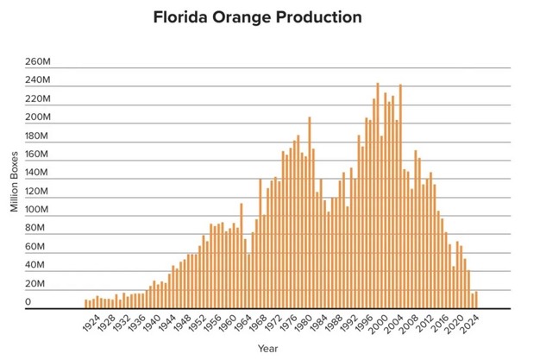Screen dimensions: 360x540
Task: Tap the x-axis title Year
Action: [267, 349]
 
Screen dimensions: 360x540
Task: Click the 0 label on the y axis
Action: [28, 302]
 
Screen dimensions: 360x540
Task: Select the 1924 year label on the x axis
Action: [89, 323]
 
